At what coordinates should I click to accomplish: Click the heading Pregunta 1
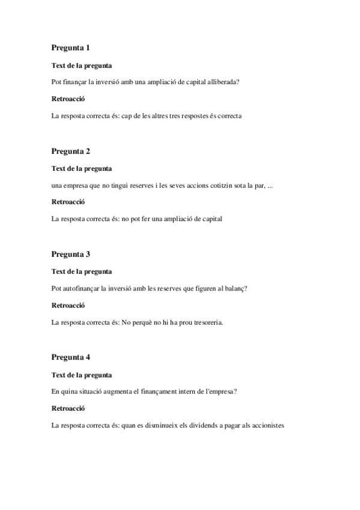point(71,48)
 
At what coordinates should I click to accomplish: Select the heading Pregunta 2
point(71,151)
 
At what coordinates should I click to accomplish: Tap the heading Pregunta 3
point(71,254)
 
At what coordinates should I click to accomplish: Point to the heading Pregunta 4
point(71,357)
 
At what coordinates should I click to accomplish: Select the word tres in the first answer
point(180,116)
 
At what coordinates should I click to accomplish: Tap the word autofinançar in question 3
point(83,288)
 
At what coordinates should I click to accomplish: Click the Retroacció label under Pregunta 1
point(68,99)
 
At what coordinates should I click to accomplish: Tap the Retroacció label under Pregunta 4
point(68,409)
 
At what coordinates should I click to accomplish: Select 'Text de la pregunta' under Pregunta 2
point(82,168)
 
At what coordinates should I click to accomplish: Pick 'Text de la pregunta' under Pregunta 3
point(82,271)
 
